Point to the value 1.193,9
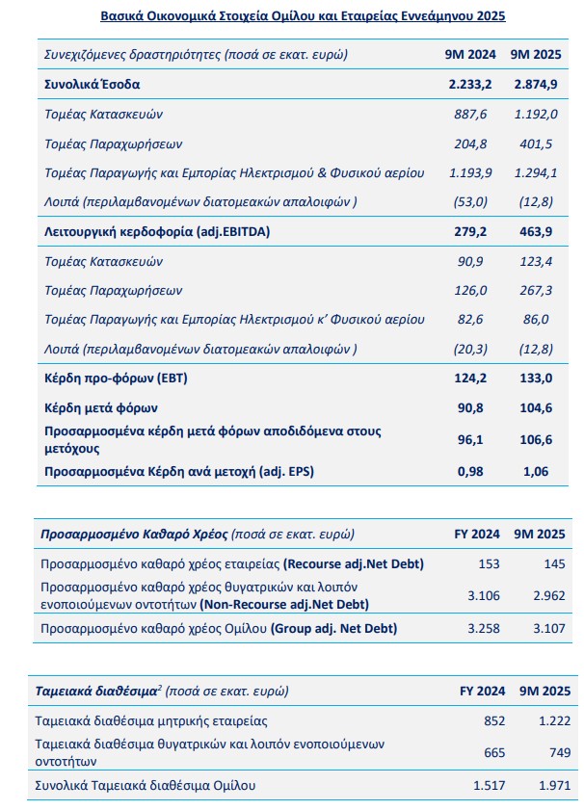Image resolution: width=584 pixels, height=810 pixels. [471, 172]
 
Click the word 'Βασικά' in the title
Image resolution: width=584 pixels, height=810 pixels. [123, 16]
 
